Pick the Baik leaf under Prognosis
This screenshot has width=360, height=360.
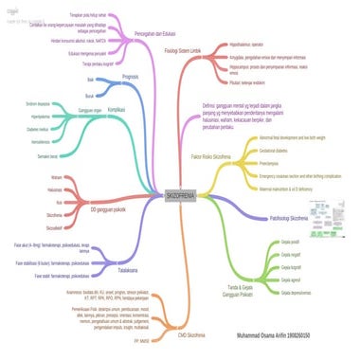coord(91,81)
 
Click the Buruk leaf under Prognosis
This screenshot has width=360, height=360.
coord(90,96)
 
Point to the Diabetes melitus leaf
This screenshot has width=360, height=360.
coord(38,129)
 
